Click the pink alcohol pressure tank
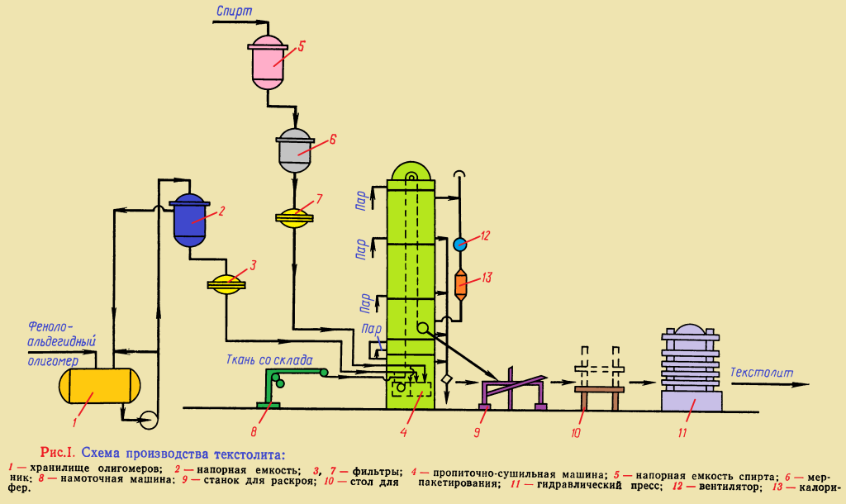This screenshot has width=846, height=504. click(267, 61)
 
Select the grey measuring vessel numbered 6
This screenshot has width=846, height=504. click(293, 149)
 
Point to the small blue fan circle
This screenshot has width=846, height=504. click(460, 244)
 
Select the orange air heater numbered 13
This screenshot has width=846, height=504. click(461, 284)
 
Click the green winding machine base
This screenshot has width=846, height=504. click(269, 404)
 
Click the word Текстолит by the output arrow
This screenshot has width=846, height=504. click(762, 372)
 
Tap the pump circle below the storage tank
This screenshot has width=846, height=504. click(149, 419)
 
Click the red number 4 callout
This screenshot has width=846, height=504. click(403, 430)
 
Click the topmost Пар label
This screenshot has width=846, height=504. click(360, 200)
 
